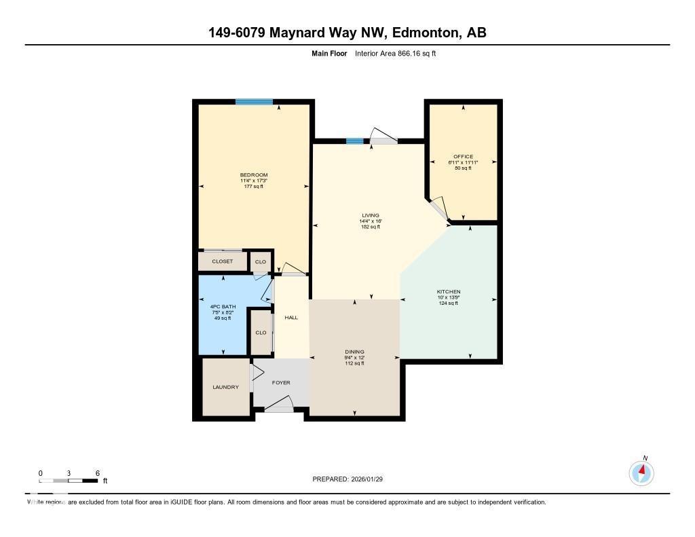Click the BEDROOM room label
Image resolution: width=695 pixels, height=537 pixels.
click(x=253, y=175)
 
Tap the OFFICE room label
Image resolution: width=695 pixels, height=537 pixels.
click(x=464, y=157)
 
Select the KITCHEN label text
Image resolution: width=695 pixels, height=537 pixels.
click(x=449, y=291)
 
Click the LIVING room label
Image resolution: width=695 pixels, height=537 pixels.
click(x=370, y=215)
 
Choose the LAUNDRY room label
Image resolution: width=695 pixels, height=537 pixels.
click(x=225, y=387)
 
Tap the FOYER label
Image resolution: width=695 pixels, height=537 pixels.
click(x=281, y=383)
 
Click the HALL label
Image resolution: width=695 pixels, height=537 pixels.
click(x=291, y=317)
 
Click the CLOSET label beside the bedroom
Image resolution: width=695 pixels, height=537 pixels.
click(x=222, y=261)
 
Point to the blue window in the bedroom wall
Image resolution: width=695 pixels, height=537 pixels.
click(x=255, y=102)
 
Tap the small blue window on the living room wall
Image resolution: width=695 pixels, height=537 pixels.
click(x=354, y=141)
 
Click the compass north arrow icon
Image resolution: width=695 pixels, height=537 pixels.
click(x=641, y=472)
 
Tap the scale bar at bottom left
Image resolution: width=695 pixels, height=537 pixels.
click(x=69, y=481)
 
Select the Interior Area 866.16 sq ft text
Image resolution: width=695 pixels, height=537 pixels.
click(x=395, y=53)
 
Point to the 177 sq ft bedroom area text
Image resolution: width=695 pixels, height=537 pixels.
click(x=253, y=186)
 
